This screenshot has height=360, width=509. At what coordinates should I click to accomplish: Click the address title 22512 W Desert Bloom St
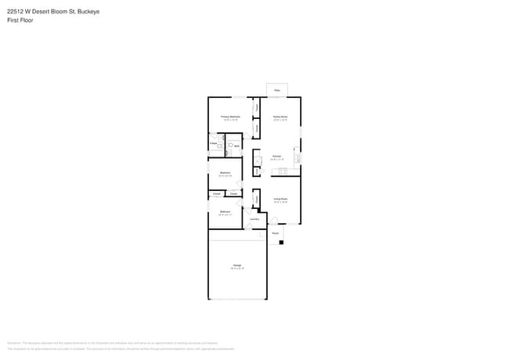tap(53, 12)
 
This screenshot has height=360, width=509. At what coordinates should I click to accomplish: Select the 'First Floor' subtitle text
tap(20, 20)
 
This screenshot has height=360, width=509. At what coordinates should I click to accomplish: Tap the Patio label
tap(276, 91)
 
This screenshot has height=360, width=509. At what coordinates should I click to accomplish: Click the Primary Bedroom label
tap(230, 116)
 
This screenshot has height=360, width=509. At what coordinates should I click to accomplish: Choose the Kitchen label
tap(276, 156)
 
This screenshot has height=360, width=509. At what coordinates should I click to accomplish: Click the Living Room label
tap(280, 199)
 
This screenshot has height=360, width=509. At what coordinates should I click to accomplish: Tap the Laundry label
tap(254, 218)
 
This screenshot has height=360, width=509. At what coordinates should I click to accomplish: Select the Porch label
tap(276, 233)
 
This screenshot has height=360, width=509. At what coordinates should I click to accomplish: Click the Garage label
tap(236, 265)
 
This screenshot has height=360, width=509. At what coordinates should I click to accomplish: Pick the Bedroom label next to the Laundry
tap(226, 211)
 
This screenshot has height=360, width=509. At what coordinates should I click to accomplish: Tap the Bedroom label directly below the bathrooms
tap(225, 172)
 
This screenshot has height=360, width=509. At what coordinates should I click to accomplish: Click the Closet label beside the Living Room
tap(257, 199)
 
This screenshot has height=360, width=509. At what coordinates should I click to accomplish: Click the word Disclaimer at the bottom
tap(13, 343)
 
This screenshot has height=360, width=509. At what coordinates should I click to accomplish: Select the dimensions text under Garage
tap(236, 269)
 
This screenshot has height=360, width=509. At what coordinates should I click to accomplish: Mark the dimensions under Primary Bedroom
tap(230, 120)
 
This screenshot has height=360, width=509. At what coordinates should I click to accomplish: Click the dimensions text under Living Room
tap(280, 203)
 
